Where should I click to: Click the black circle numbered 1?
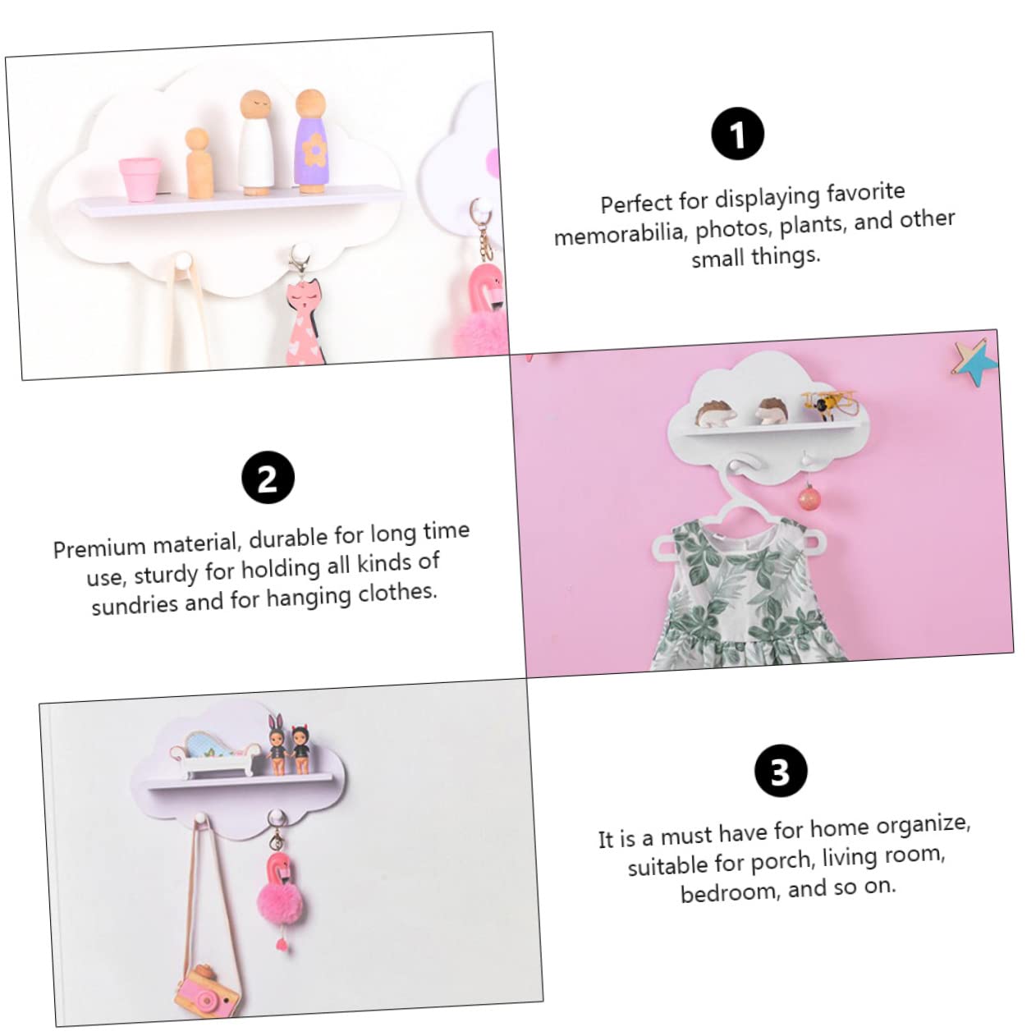(x=738, y=133)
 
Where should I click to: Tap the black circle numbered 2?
(x=268, y=477)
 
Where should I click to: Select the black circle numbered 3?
(x=781, y=771)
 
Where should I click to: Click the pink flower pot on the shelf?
(x=140, y=179)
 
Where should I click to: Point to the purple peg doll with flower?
(x=312, y=141)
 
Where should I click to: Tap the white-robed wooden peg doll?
(x=256, y=143)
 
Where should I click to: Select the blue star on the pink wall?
(x=976, y=363)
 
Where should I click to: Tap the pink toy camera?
(x=208, y=991)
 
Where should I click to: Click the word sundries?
(x=135, y=605)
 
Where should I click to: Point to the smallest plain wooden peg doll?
(x=199, y=163)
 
